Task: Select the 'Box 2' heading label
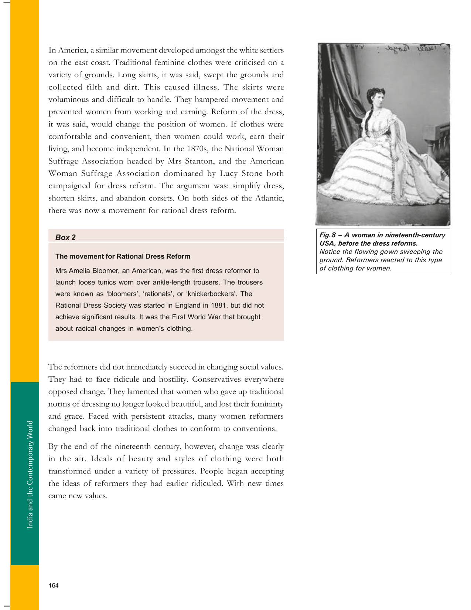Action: point(65,237)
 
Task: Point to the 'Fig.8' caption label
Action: point(327,235)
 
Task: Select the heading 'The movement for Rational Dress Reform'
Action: point(123,256)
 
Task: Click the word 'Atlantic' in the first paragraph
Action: point(269,198)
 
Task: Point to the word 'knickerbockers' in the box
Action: point(212,294)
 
